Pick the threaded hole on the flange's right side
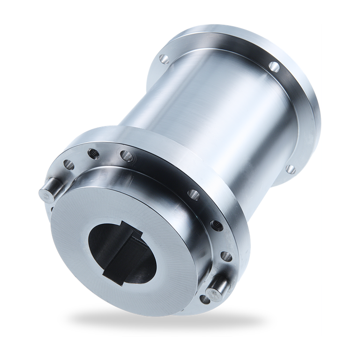(x=216, y=225)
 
